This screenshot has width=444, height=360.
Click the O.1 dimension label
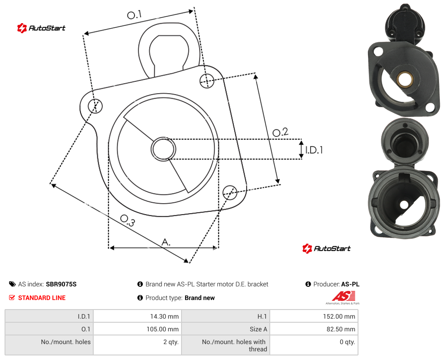click(x=134, y=15)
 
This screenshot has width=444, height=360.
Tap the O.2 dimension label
click(x=280, y=132)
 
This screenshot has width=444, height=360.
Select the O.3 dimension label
click(x=127, y=220)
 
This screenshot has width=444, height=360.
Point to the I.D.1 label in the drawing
click(x=314, y=150)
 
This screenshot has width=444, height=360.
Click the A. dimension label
click(x=166, y=242)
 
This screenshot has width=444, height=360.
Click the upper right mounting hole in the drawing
click(x=207, y=81)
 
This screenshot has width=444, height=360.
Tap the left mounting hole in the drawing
click(x=95, y=106)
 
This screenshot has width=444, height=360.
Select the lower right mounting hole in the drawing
click(x=230, y=192)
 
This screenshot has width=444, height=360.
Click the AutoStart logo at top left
click(x=41, y=28)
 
